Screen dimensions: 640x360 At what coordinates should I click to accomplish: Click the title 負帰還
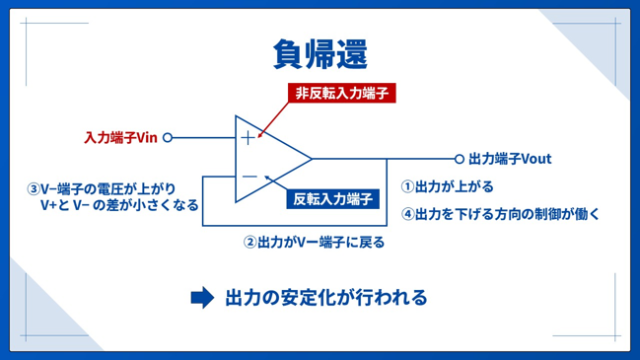point(320,54)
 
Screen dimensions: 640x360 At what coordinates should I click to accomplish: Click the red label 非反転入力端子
point(341,93)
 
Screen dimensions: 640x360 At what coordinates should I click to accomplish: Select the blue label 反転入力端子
point(332,199)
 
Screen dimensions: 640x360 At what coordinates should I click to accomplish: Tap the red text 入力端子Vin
point(121,137)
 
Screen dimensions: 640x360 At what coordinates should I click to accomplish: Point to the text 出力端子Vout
point(510,159)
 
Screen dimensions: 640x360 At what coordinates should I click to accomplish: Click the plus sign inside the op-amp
point(248,138)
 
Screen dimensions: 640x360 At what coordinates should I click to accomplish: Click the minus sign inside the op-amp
point(249,177)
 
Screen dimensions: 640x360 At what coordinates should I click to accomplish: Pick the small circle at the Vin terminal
point(168,137)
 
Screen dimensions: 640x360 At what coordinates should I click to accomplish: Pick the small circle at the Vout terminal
point(460,159)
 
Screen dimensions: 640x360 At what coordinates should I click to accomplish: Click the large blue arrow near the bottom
point(202,298)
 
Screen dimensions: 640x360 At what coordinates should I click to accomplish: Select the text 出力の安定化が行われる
point(326,298)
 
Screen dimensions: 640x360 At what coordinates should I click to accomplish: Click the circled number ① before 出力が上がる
point(407,187)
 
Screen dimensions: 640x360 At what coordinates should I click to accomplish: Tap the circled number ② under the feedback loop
point(249,243)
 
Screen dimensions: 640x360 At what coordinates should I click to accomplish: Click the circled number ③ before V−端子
point(34,189)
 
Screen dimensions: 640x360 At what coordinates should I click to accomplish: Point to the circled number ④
point(407,214)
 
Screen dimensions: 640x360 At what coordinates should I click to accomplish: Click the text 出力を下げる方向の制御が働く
point(507,214)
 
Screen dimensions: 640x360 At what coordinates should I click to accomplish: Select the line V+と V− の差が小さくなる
point(119,205)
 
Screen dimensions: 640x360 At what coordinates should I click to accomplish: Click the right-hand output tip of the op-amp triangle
point(313,159)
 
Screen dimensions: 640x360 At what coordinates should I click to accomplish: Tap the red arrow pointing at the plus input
point(273,120)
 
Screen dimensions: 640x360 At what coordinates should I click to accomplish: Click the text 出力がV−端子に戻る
point(321,243)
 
